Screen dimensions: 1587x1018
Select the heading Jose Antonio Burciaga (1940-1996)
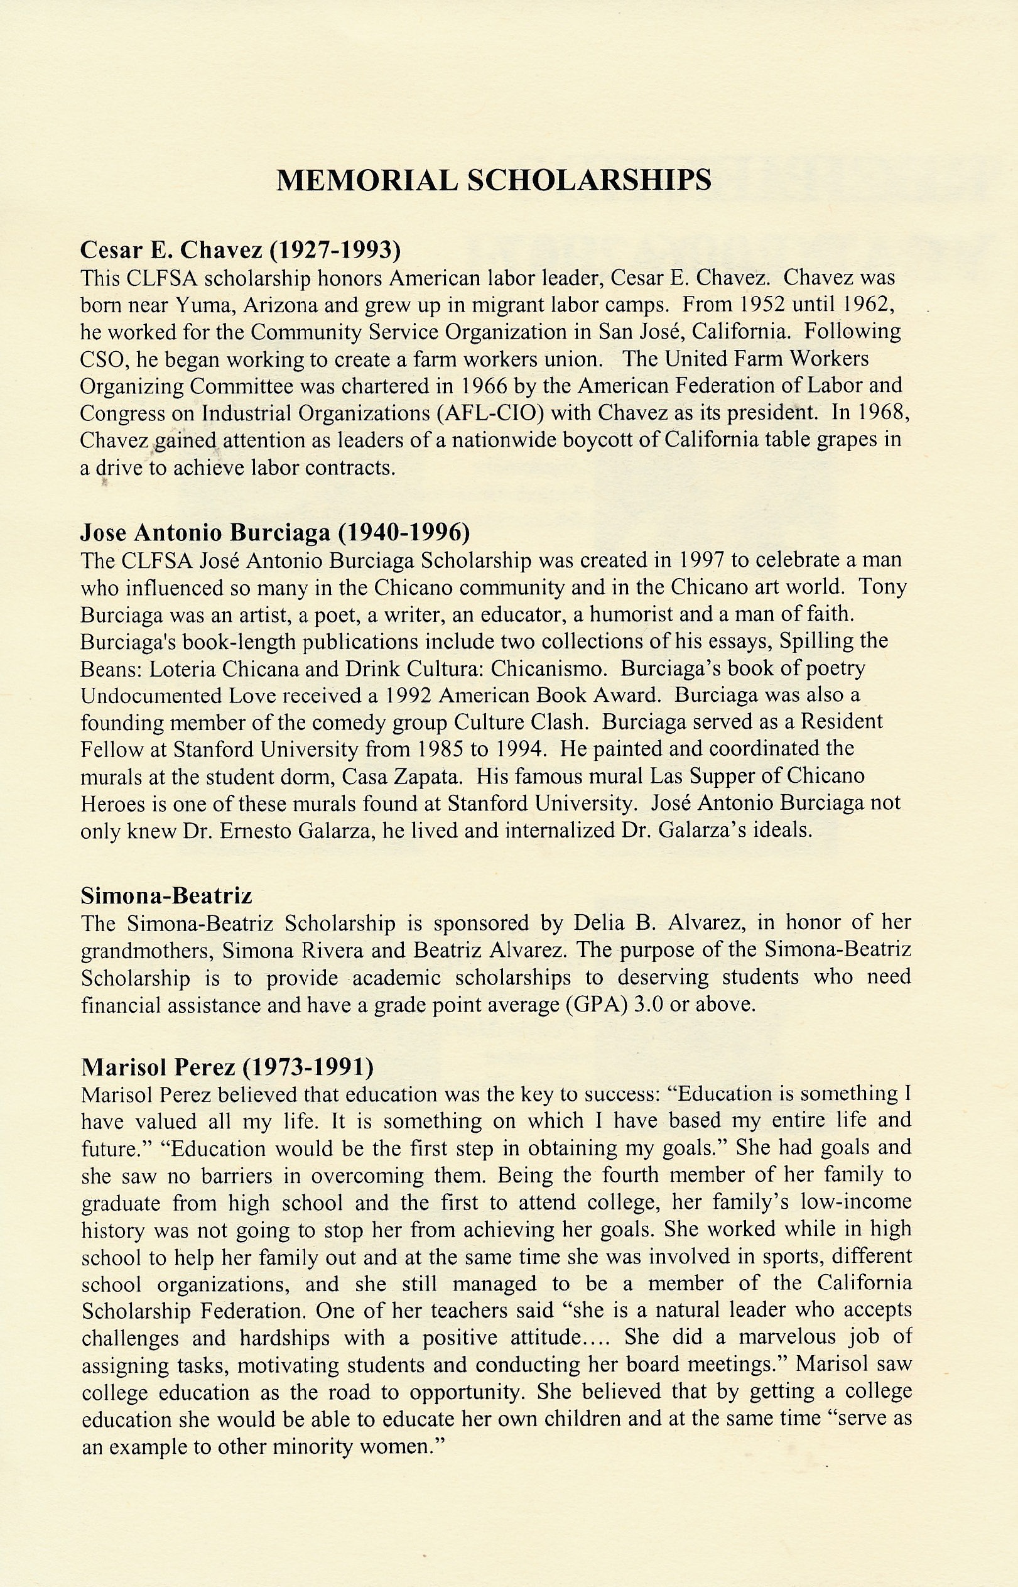click(275, 532)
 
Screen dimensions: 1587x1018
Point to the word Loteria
click(185, 668)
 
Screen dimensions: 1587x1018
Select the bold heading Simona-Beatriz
click(166, 896)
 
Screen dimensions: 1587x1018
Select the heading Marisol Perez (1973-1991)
click(227, 1066)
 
